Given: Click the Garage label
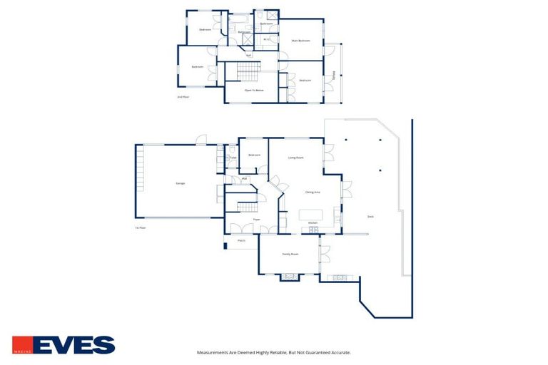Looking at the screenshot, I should pos(181,184).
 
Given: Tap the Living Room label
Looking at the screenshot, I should pos(296,158).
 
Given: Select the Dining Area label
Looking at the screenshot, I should pos(313,192).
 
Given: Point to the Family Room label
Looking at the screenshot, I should pos(290,254).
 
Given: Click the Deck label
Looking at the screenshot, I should pos(370,217).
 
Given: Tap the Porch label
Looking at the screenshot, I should pos(242,241).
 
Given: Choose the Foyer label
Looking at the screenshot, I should pos(256,220).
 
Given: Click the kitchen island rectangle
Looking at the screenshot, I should pos(311,215).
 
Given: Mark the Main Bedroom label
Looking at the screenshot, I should pos(300,41).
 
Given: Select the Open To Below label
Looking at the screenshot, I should pos(255,91).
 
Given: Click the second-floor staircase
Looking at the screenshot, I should pos(247,72).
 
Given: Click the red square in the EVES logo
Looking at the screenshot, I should pos(21,345).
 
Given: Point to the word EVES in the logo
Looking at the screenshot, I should pos(73,345).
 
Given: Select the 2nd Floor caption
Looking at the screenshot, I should pos(183,96).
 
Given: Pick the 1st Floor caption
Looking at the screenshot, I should pos(141,228).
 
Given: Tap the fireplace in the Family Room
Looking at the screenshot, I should pos(290,276).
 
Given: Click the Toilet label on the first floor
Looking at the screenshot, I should pos(233,158).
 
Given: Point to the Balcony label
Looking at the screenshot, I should pos(334,76).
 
